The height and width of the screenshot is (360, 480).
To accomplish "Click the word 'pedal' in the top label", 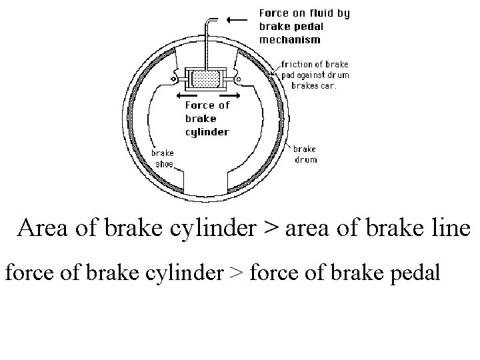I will tap(307, 27).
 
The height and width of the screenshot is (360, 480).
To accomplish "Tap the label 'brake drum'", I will tap(305, 154).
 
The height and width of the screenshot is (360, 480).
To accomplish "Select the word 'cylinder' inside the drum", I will tap(207, 131).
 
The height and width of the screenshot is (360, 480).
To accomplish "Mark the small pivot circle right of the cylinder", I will tap(238, 79).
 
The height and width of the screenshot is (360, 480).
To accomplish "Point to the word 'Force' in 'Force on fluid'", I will tap(274, 13).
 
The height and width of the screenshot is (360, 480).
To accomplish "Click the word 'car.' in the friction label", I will tap(328, 85).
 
